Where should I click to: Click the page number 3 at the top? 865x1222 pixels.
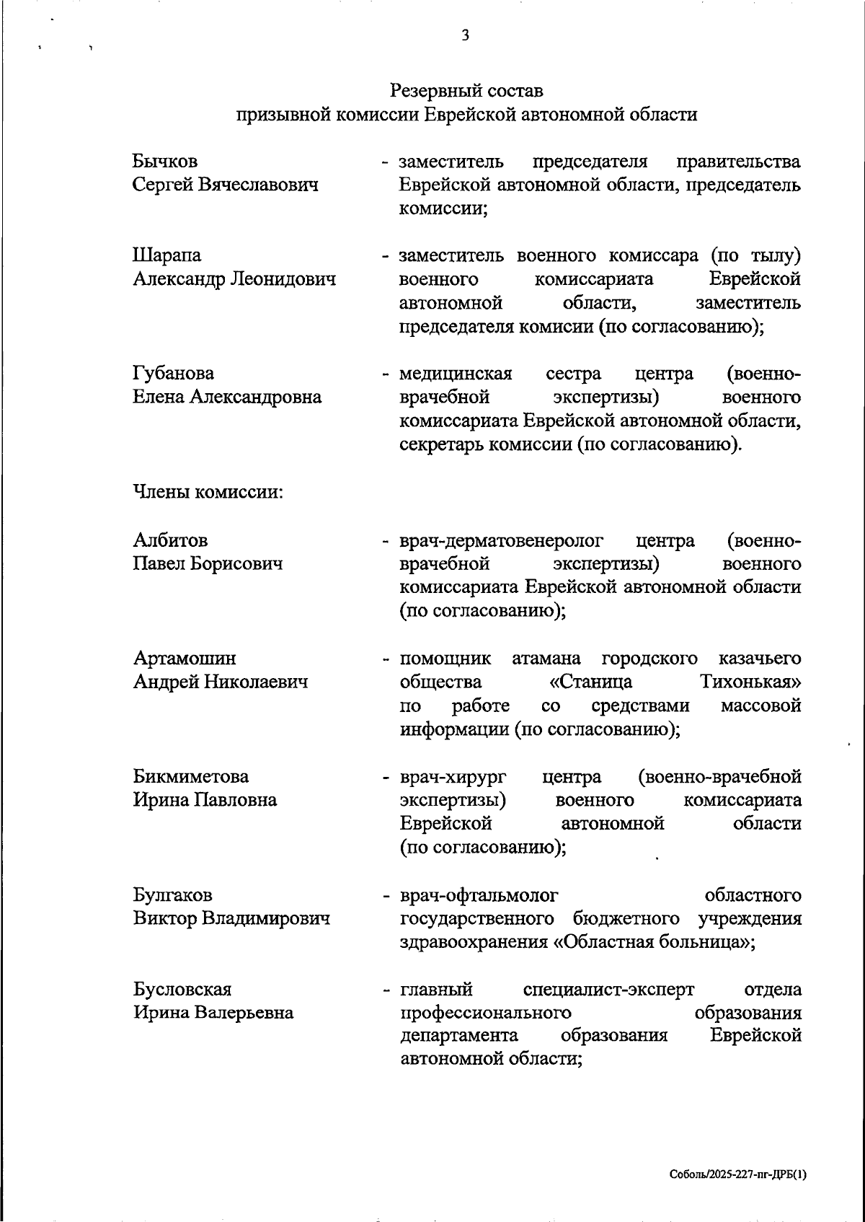[465, 35]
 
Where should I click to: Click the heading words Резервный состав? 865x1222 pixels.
[466, 91]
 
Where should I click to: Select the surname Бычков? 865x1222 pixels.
[165, 161]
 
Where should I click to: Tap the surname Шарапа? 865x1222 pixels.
[167, 255]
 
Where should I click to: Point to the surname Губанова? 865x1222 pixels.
[174, 374]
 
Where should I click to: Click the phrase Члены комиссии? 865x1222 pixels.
[208, 493]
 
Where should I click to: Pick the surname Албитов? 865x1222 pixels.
[170, 540]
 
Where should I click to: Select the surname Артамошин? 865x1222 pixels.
[185, 659]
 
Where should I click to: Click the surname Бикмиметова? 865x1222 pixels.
[191, 777]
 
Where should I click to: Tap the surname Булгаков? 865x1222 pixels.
[172, 895]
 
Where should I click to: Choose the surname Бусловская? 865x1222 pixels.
[182, 990]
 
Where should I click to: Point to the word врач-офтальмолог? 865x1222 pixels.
[479, 896]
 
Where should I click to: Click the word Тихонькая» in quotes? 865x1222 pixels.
[750, 682]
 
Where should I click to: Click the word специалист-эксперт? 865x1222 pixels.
[609, 990]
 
